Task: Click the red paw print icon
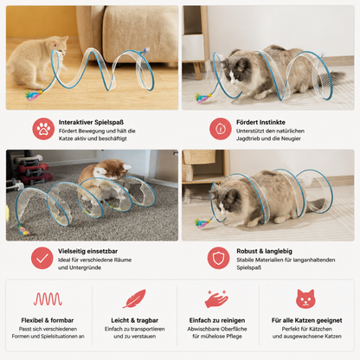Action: (x=43, y=129)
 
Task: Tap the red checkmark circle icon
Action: (x=42, y=258)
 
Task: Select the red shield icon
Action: (x=219, y=258)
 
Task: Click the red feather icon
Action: (x=134, y=299)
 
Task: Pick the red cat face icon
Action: (x=305, y=299)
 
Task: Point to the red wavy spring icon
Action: (x=48, y=299)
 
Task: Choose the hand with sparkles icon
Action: (x=217, y=299)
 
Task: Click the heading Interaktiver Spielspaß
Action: (x=91, y=122)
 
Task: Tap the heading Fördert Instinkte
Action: (x=260, y=122)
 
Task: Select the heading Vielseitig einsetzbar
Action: (x=87, y=251)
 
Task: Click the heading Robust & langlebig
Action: (x=265, y=251)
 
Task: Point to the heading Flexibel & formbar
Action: (x=48, y=320)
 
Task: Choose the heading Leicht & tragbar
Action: (x=135, y=320)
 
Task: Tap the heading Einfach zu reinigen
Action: (x=217, y=320)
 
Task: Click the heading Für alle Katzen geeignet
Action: (x=307, y=320)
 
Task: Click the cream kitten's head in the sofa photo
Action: (x=59, y=45)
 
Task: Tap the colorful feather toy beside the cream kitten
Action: (x=34, y=95)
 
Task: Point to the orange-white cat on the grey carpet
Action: (x=106, y=179)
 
